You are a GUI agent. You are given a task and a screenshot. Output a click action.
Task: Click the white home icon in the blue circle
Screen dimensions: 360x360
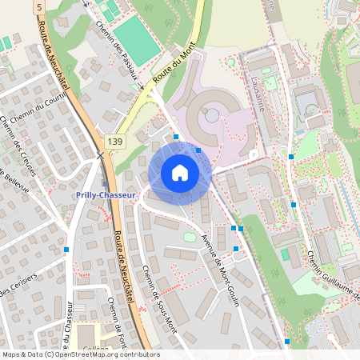(179, 173)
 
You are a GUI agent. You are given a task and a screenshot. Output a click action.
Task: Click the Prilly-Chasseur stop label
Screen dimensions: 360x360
(105, 194)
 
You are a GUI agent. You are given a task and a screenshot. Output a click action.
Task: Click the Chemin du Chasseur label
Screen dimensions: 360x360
(70, 330)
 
